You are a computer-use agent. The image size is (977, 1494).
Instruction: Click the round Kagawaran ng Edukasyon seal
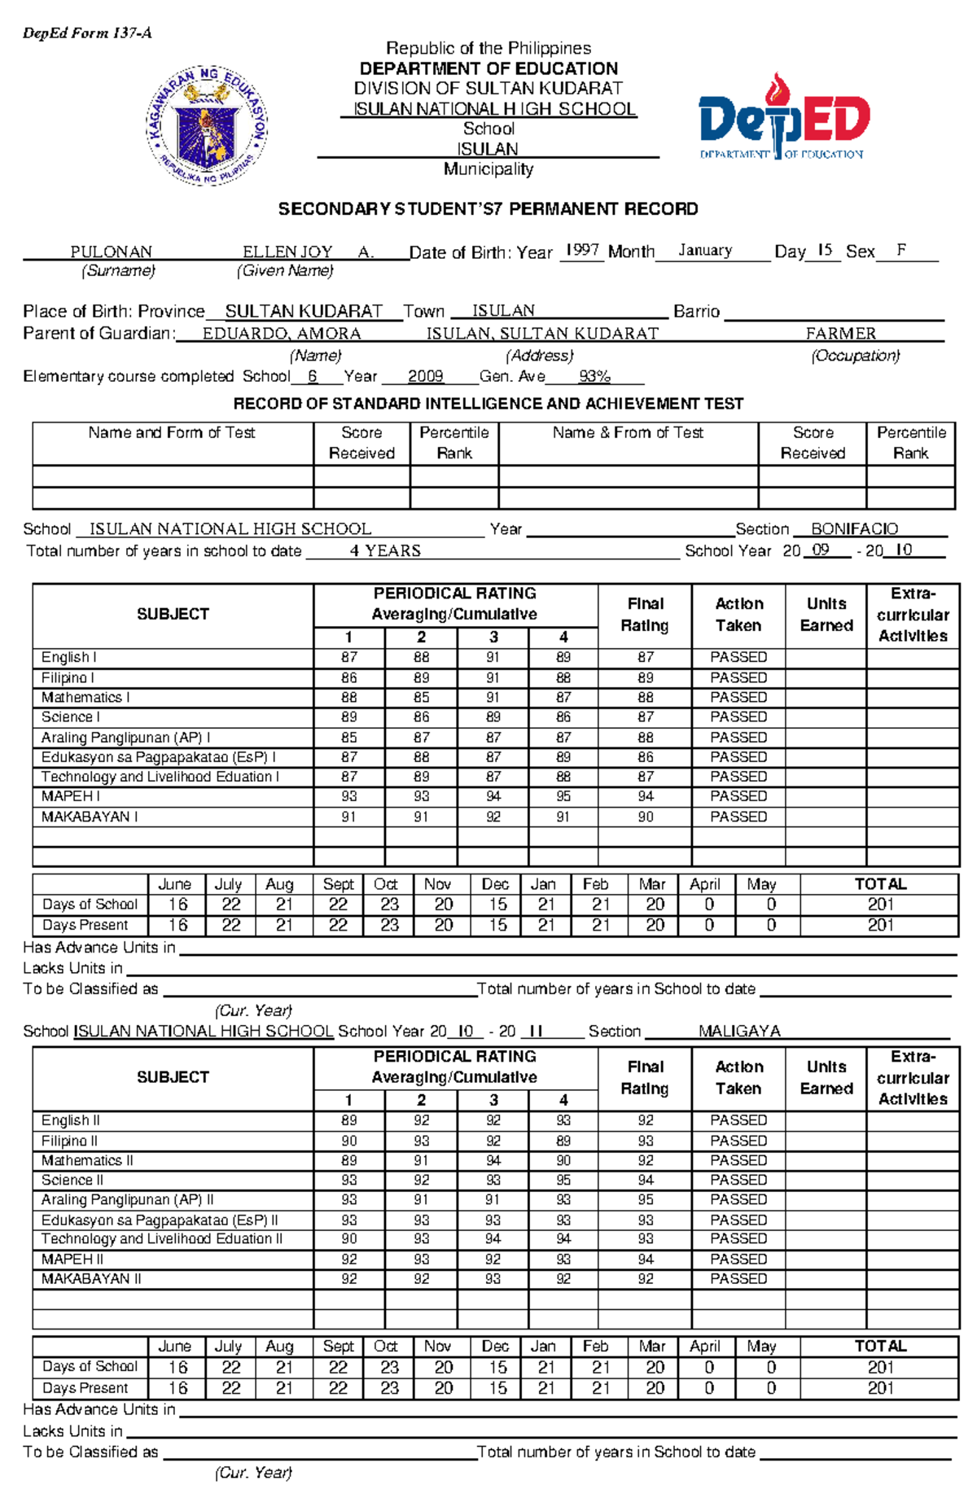(x=207, y=125)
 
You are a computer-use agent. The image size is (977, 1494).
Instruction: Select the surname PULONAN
(x=111, y=252)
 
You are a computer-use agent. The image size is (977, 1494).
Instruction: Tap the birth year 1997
(x=582, y=250)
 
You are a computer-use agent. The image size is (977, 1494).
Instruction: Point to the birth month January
(x=705, y=251)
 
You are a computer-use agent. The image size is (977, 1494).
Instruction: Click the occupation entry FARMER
(x=841, y=334)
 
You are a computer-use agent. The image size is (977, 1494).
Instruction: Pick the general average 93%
(x=594, y=376)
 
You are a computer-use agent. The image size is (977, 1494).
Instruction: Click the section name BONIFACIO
(x=854, y=529)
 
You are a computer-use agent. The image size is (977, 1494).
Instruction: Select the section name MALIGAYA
(x=739, y=1032)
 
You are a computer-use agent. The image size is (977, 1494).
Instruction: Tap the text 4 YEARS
(x=385, y=551)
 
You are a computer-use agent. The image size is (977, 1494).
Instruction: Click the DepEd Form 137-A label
(x=87, y=33)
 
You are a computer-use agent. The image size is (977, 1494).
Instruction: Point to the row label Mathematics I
(x=85, y=698)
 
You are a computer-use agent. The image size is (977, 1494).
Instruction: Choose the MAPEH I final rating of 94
(x=645, y=796)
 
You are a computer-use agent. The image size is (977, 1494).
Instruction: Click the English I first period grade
(x=348, y=657)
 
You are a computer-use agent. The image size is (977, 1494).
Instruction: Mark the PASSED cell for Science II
(x=738, y=1180)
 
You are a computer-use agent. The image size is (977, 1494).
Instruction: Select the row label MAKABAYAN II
(x=91, y=1279)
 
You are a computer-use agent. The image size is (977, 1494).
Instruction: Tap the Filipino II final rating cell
(x=645, y=1141)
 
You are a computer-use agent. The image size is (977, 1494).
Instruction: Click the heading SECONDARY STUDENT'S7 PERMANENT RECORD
(x=488, y=209)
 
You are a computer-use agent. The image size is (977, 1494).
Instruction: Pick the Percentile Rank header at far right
(x=910, y=443)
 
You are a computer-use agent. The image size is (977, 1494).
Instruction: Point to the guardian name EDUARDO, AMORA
(x=282, y=334)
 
